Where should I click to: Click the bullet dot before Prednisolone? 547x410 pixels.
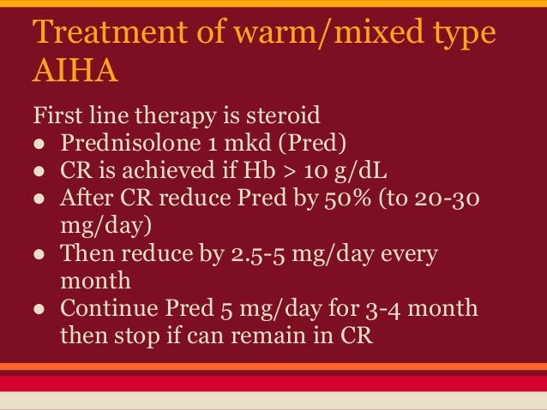(x=39, y=141)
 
